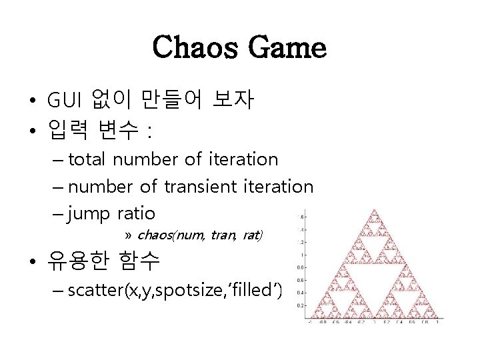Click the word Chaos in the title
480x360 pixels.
pyautogui.click(x=194, y=47)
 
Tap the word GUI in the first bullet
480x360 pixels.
pyautogui.click(x=64, y=101)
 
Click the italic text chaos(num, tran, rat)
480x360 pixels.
pyautogui.click(x=199, y=235)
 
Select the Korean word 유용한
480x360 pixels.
pyautogui.click(x=79, y=261)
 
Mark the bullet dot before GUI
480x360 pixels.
pyautogui.click(x=32, y=102)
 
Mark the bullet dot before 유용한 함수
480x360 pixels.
pyautogui.click(x=32, y=261)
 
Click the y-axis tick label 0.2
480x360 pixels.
pyautogui.click(x=299, y=305)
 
